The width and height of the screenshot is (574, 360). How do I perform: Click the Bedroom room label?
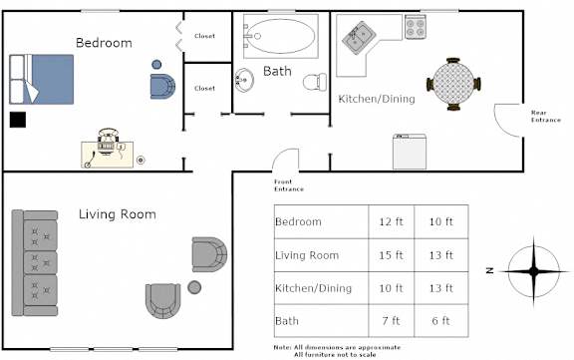point(104,43)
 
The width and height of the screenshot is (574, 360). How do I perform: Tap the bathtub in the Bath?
point(280,36)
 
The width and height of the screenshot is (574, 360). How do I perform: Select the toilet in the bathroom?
point(315,82)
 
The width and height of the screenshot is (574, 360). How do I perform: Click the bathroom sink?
point(244,80)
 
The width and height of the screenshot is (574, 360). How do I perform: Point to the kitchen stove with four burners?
point(416,27)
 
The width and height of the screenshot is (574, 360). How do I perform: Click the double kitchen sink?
point(359,37)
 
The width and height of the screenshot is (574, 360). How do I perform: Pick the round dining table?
point(453,84)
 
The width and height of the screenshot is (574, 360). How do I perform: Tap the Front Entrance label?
point(289,185)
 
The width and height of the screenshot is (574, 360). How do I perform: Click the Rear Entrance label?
point(546,116)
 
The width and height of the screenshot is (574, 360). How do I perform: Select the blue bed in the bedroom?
point(42,79)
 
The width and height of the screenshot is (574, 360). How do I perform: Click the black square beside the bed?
point(18,120)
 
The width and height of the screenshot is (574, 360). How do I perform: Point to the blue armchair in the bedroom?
point(162,87)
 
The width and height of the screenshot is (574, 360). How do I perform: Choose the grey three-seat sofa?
point(35,262)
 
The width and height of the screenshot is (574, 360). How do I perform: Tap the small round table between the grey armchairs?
point(194,287)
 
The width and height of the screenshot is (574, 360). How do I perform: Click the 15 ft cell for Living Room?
point(391,255)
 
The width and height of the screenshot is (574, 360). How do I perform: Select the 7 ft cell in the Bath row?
point(391,321)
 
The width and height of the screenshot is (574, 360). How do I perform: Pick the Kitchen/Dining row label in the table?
point(313,288)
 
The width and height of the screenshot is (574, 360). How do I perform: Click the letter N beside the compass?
point(490,270)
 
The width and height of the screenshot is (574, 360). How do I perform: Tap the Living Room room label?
point(118,214)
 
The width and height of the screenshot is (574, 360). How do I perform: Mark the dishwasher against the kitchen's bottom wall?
point(410,152)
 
